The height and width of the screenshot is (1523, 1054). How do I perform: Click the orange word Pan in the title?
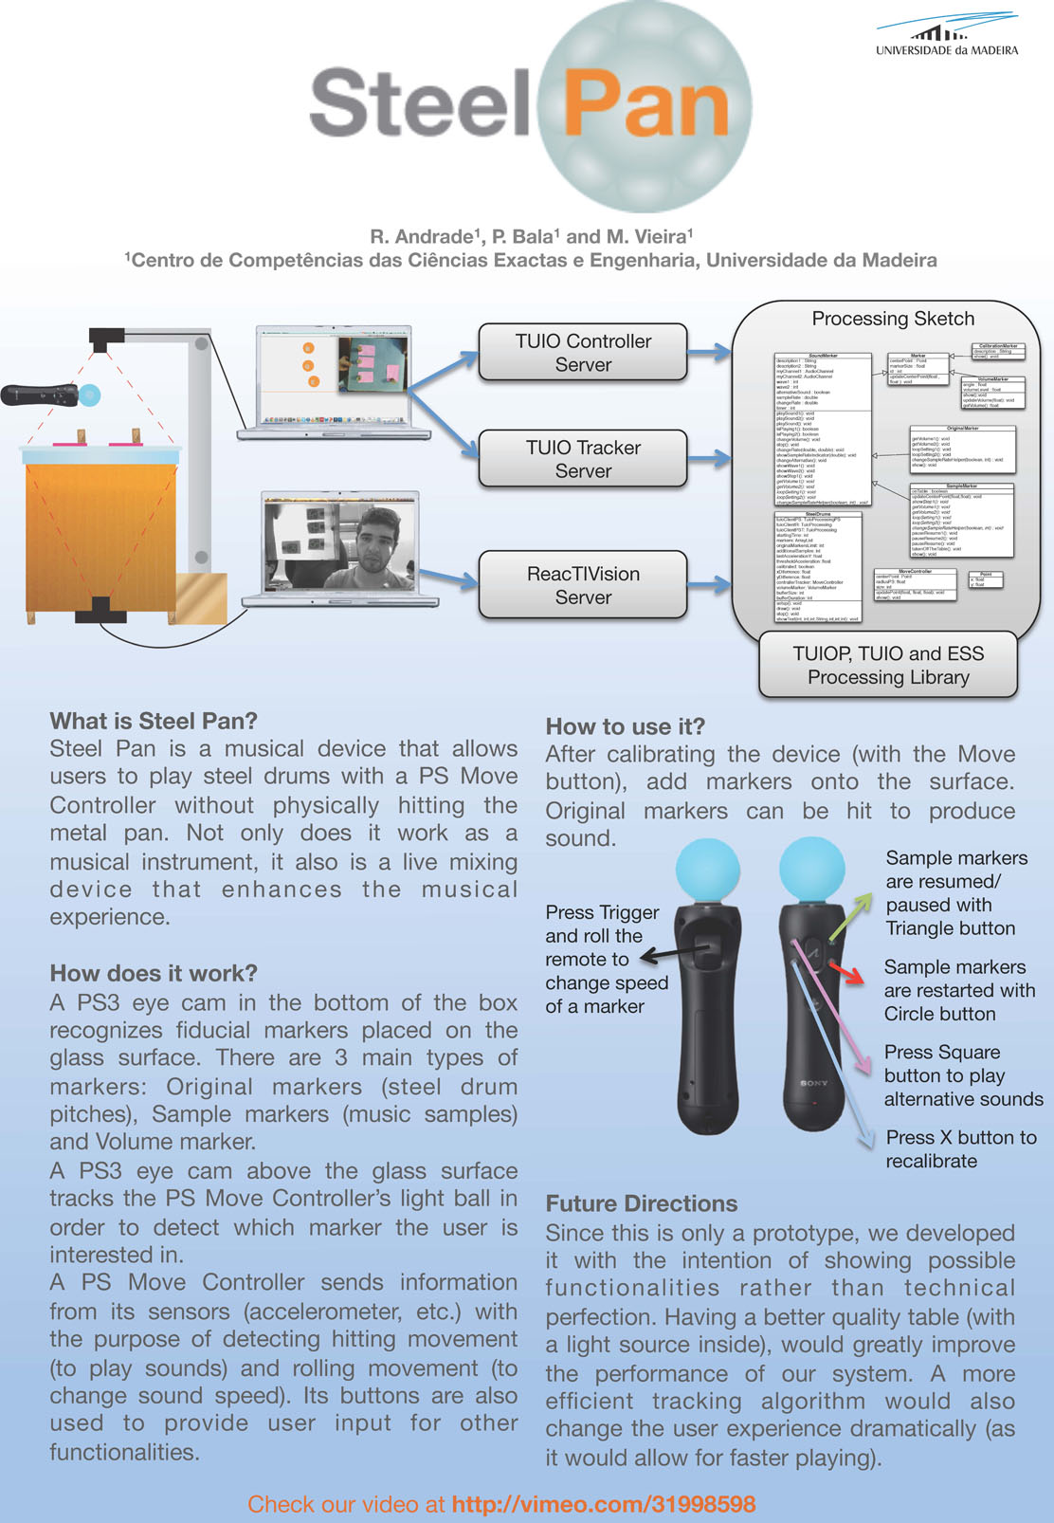[645, 106]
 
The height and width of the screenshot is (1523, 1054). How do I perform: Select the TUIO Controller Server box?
[583, 353]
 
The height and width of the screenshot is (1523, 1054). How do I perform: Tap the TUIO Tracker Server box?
[583, 459]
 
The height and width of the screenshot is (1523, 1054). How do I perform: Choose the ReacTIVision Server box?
[583, 585]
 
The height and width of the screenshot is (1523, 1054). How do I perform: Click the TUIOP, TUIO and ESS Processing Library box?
[888, 665]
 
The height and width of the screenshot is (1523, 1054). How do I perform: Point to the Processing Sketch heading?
[893, 319]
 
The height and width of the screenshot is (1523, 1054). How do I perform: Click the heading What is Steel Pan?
[154, 721]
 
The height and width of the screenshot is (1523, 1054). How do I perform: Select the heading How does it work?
[154, 973]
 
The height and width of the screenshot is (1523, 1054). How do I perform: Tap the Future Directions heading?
[641, 1203]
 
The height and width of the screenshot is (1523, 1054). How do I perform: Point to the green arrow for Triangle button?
[852, 915]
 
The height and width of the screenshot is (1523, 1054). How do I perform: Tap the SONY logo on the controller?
[813, 1082]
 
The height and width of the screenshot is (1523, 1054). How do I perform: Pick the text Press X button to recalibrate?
[960, 1148]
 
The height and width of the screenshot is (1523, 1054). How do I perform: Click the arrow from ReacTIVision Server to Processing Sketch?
[709, 585]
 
